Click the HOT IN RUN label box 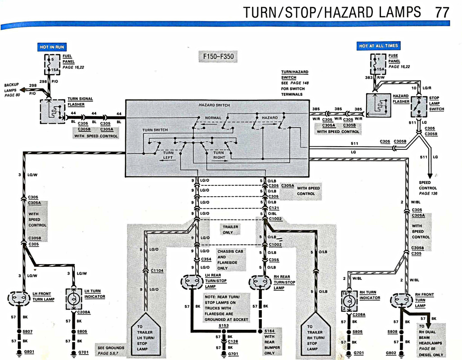[52, 47]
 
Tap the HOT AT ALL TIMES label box [378, 46]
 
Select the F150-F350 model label [217, 57]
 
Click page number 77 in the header [442, 12]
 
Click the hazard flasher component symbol [379, 104]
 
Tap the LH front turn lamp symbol [19, 297]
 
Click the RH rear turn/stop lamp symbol [260, 282]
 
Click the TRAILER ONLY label [231, 229]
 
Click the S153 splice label [224, 326]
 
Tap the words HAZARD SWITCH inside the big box [214, 105]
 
